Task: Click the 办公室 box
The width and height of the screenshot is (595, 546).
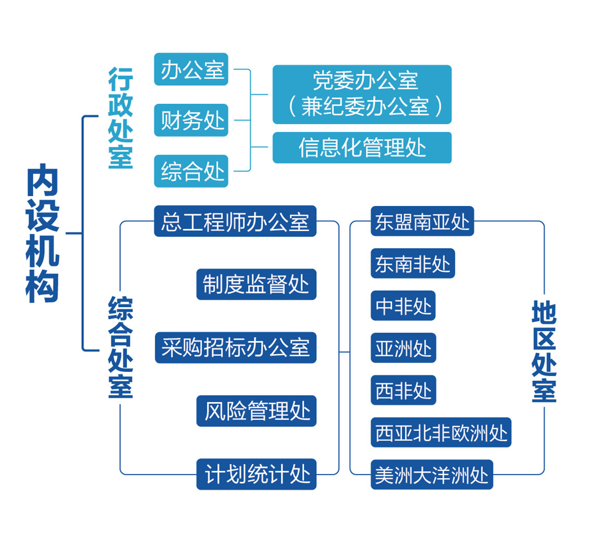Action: tap(191, 69)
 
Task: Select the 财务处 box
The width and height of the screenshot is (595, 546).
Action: tap(191, 120)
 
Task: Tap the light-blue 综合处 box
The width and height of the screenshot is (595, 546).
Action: tap(191, 171)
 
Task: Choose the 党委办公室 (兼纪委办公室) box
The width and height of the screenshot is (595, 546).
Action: tap(362, 94)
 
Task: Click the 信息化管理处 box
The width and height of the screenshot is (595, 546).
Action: tap(362, 148)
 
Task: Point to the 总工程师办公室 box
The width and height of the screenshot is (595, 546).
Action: tap(235, 221)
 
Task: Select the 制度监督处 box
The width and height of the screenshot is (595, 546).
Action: tap(256, 284)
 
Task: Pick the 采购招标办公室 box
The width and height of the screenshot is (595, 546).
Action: tap(235, 347)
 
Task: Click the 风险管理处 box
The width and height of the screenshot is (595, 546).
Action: tap(256, 411)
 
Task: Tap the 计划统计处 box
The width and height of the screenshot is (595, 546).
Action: tap(256, 474)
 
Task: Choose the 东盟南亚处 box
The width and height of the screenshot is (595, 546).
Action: tap(422, 221)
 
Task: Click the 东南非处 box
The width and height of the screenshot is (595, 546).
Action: tap(413, 263)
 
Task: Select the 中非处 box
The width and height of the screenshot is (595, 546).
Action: tap(403, 306)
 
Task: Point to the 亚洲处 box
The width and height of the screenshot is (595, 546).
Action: tap(403, 348)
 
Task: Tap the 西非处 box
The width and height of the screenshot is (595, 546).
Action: tap(403, 390)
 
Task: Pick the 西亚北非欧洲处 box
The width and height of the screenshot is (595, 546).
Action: tap(441, 432)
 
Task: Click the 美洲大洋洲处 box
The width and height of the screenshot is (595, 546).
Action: tap(431, 475)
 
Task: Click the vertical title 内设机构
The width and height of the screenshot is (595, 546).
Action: tap(43, 233)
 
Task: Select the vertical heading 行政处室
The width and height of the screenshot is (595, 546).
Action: tap(121, 118)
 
